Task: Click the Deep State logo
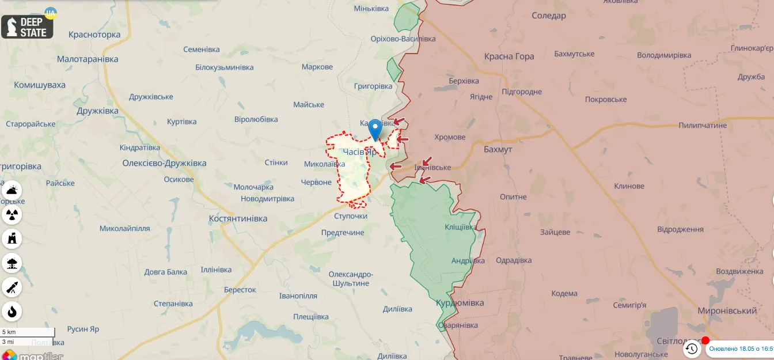(27, 26)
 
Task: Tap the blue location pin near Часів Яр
(375, 129)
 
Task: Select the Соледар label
(548, 16)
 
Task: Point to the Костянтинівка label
(238, 218)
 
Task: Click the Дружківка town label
(97, 111)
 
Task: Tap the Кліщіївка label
(460, 227)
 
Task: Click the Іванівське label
(432, 167)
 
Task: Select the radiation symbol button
(12, 215)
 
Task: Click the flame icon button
(12, 312)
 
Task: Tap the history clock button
(692, 348)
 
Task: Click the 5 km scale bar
(28, 332)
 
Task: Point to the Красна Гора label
(509, 56)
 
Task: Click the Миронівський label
(727, 310)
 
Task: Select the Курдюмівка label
(460, 302)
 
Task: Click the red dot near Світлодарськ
(705, 340)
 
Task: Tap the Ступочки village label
(350, 216)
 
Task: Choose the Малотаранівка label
(88, 59)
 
